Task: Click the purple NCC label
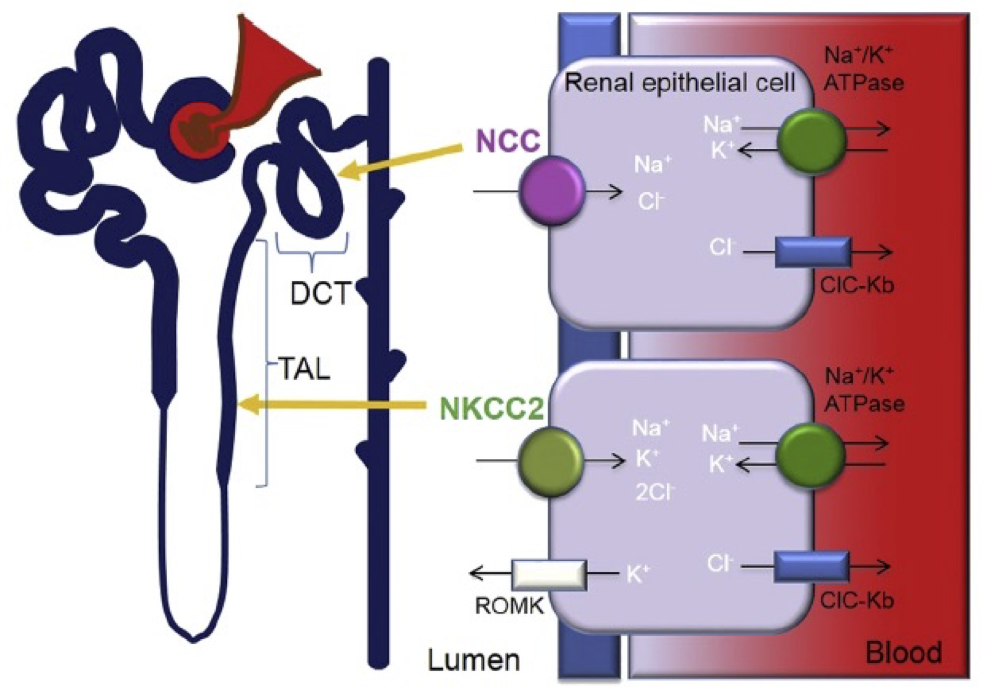[508, 141]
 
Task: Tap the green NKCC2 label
[491, 410]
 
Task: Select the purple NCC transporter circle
[552, 191]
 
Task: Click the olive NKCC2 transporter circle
[551, 461]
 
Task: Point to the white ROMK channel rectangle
[549, 575]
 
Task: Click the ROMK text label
[509, 606]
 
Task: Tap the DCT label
[320, 293]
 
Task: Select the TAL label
[304, 368]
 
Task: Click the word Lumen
[473, 660]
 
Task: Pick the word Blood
[903, 653]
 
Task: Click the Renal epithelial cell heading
[679, 83]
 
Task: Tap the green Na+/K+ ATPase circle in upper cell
[811, 140]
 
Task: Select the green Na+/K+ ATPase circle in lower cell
[810, 456]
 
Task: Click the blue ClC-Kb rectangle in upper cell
[813, 252]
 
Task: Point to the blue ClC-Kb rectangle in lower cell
[811, 567]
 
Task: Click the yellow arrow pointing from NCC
[399, 160]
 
